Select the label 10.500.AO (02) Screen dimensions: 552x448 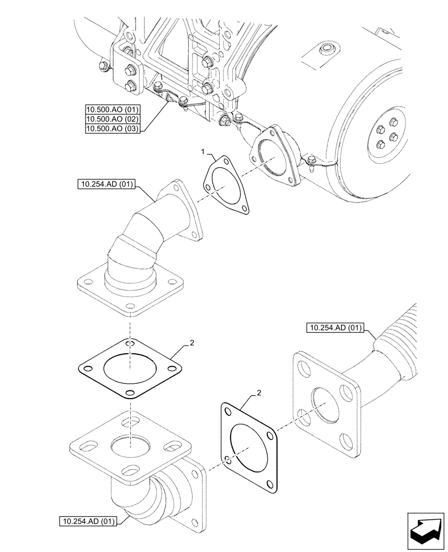pos(113,119)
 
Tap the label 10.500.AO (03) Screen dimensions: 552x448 pos(113,129)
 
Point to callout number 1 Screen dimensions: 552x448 pos(204,151)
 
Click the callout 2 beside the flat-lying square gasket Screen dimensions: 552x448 pos(191,343)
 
